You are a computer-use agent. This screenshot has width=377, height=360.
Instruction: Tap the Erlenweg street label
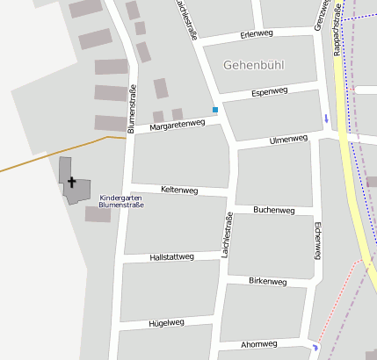click(257, 35)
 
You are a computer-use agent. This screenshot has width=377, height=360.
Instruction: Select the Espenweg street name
click(269, 91)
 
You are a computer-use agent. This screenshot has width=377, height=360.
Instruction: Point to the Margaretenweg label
click(177, 126)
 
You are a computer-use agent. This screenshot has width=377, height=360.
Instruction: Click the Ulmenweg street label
click(288, 139)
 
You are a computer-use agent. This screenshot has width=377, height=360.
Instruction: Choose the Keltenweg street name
click(179, 190)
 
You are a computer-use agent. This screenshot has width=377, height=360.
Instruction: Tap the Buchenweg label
click(272, 210)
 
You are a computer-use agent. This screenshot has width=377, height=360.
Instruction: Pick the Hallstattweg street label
click(171, 256)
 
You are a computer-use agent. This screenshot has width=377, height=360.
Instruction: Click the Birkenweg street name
click(268, 281)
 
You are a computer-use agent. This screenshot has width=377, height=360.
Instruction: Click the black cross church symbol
click(71, 182)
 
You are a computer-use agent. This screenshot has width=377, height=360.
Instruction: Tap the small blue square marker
click(214, 110)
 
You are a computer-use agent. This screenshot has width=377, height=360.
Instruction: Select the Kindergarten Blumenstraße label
click(121, 201)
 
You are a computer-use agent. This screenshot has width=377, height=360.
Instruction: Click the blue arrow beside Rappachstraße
click(326, 118)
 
